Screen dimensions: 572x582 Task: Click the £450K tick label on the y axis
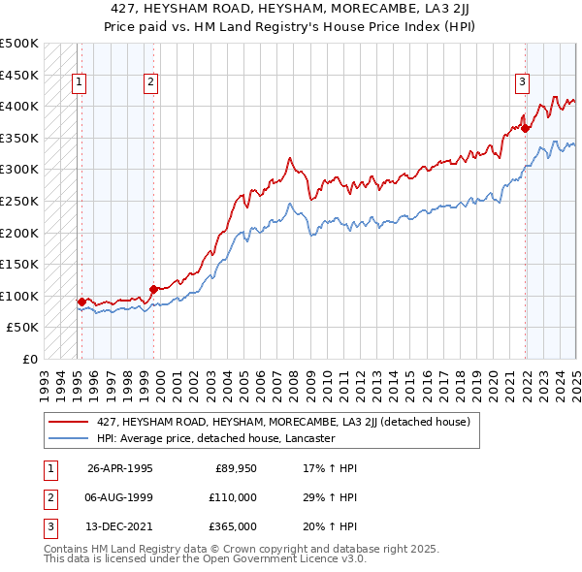click(19, 75)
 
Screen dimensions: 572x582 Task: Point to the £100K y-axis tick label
click(19, 296)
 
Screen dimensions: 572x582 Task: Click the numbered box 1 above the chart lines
click(78, 83)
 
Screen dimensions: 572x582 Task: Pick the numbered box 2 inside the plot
click(151, 83)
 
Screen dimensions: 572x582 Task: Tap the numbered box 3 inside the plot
click(522, 83)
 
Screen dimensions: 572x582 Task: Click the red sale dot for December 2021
click(525, 127)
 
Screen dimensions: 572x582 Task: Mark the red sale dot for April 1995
click(81, 302)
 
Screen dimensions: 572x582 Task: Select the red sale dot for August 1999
click(153, 289)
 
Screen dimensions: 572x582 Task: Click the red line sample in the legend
click(69, 422)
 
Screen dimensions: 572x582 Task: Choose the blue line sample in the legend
click(69, 438)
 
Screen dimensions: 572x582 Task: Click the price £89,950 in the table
click(236, 468)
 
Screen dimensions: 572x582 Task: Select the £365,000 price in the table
click(233, 526)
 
